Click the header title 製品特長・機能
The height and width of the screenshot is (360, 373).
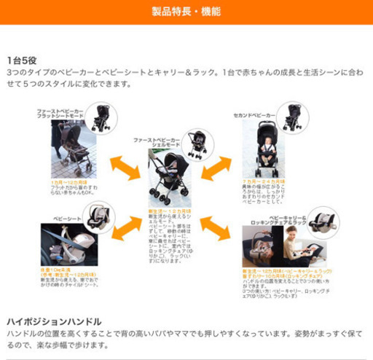coord(186,12)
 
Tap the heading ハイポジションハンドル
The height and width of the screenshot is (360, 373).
coord(54,321)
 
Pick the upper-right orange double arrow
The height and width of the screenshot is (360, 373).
coord(216,168)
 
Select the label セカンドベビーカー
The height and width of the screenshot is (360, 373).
coord(254,115)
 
